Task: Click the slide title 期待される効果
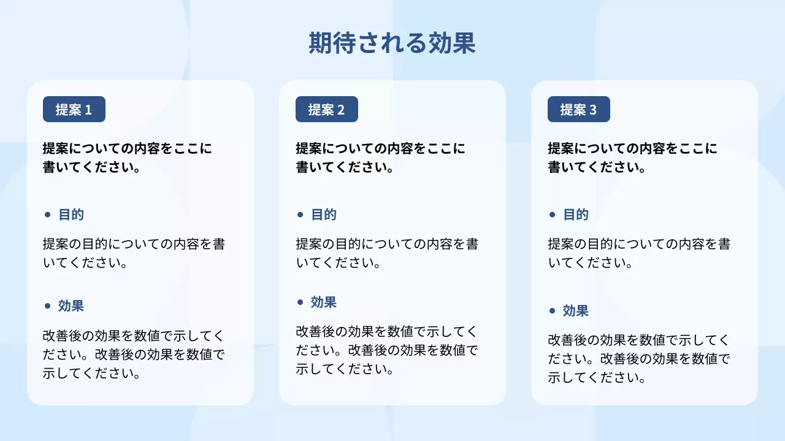coord(392,43)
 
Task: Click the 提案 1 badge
coord(74,110)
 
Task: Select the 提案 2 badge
coord(326,110)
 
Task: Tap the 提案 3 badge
coord(578,110)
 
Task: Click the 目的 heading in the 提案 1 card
coord(71,215)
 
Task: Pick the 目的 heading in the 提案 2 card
coord(324,215)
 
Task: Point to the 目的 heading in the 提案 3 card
coord(576,215)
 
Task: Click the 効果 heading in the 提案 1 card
coord(71,306)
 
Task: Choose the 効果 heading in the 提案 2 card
coord(324,302)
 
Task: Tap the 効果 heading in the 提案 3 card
coord(576,311)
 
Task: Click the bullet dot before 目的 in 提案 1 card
coord(48,215)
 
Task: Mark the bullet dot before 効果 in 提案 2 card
coord(300,302)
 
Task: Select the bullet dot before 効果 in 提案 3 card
coord(552,311)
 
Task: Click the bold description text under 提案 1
coord(128,157)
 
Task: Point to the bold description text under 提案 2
coord(380,157)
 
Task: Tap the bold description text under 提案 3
coord(632,157)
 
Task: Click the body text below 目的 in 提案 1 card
coord(134,254)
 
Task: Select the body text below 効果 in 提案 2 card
coord(386,350)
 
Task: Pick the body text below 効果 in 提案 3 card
coord(638,359)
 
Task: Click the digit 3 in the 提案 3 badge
coord(592,110)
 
